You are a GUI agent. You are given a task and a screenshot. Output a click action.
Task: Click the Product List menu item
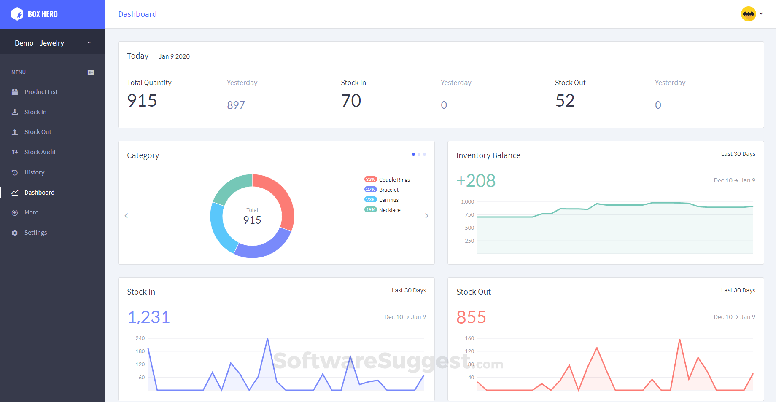pos(40,92)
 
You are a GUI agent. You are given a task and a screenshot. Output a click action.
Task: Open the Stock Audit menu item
pos(40,152)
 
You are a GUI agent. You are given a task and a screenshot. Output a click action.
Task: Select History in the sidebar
pos(34,172)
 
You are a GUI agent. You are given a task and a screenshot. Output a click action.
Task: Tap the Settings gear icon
pos(15,233)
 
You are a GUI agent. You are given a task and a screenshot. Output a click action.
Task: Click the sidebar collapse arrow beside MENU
pos(91,72)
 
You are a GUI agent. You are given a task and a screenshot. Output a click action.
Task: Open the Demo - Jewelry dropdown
pos(52,43)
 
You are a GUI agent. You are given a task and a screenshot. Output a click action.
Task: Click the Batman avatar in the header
pos(749,14)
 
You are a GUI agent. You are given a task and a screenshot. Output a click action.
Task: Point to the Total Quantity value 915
pos(142,101)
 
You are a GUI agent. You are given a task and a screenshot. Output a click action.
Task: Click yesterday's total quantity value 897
pos(236,105)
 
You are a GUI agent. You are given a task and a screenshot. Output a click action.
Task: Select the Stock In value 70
pos(351,101)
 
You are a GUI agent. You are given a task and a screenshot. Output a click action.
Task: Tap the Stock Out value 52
pos(565,101)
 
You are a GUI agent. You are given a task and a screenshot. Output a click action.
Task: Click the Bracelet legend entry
pos(388,190)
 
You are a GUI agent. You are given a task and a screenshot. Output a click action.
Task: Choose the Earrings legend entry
pos(388,200)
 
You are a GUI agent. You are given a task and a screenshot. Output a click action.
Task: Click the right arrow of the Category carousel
pos(427,216)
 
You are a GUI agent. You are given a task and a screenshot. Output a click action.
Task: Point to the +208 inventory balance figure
pos(476,181)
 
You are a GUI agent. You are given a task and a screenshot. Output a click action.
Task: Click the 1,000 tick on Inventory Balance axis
pos(468,202)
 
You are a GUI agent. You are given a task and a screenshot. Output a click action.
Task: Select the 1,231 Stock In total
pos(149,317)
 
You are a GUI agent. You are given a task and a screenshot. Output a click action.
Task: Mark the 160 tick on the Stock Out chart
pos(469,338)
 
